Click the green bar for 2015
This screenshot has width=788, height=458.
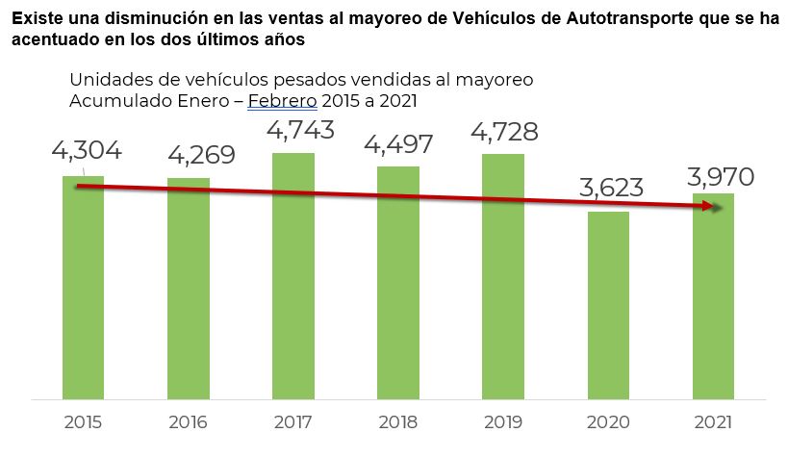tap(84, 289)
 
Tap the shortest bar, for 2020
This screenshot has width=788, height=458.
tap(608, 304)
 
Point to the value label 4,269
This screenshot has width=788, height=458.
tap(201, 155)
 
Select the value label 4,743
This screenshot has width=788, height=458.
tap(300, 129)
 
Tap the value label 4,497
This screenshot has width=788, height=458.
tap(398, 143)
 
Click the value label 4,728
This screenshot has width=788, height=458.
tap(503, 131)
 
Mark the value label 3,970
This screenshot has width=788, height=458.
tap(720, 176)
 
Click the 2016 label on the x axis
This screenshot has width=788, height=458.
tap(189, 422)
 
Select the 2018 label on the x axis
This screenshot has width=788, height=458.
tap(398, 422)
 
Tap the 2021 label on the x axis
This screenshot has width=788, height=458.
tap(713, 422)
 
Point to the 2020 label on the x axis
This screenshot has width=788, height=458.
tap(608, 422)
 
